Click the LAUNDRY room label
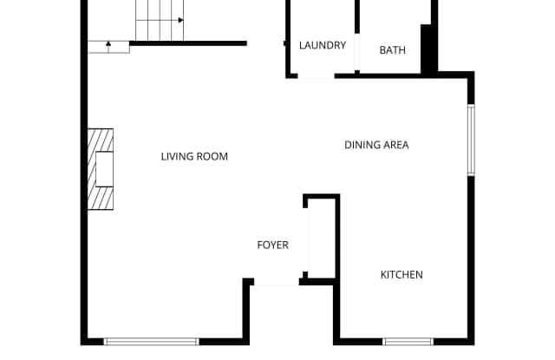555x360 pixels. [x=323, y=46]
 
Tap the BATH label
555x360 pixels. [x=392, y=50]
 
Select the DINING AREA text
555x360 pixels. [x=376, y=145]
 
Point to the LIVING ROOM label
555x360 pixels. [x=194, y=157]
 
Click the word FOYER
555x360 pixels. [x=272, y=245]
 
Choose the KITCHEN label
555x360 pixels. [x=402, y=275]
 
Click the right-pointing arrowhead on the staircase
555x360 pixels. [x=180, y=19]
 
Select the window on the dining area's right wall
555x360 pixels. [x=471, y=141]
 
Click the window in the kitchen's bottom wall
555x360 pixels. [x=408, y=341]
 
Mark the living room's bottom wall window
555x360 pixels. [x=152, y=341]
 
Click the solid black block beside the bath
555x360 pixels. [x=428, y=49]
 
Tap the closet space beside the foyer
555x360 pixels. [x=320, y=239]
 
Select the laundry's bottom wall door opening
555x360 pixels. [x=316, y=75]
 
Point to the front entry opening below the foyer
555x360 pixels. [x=276, y=282]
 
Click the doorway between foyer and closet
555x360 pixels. [x=306, y=239]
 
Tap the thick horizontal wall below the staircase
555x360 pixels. [x=188, y=43]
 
